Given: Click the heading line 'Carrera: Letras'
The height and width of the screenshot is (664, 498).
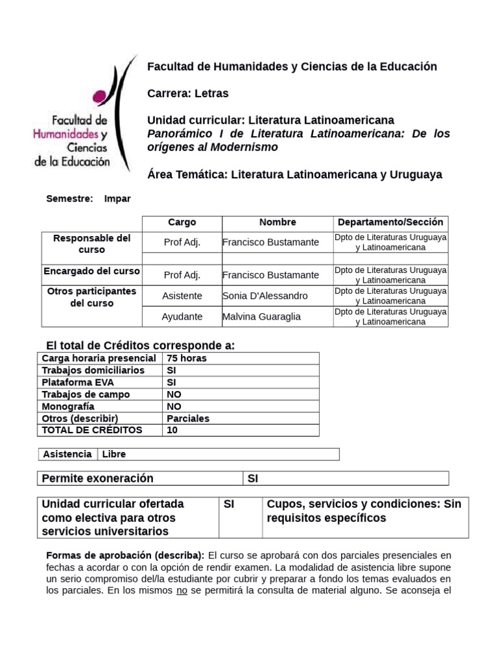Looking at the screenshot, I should (188, 93).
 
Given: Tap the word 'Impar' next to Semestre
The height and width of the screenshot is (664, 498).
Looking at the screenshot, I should (117, 199).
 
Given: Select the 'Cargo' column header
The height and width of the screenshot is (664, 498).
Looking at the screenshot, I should (182, 222).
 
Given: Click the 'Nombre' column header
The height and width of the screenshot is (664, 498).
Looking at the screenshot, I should (278, 222).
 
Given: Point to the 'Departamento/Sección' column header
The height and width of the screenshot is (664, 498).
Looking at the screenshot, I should (390, 222).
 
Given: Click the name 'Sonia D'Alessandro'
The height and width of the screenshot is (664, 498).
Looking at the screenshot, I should (265, 296).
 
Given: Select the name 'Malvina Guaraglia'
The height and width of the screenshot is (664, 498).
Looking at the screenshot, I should (263, 316).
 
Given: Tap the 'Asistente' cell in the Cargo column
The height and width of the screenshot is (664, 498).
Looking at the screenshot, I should (182, 296).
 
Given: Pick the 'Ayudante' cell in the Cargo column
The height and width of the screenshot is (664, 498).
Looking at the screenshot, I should (182, 316).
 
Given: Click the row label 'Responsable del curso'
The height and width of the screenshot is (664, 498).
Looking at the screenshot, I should (91, 244).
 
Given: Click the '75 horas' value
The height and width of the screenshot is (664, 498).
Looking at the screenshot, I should (187, 359).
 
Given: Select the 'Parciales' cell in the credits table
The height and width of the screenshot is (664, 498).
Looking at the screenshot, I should (188, 418).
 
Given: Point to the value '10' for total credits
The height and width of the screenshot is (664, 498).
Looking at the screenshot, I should (172, 430).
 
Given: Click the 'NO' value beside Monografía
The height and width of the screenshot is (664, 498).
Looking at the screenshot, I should (174, 407).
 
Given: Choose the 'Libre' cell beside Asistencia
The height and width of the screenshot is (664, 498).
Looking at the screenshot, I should (113, 455).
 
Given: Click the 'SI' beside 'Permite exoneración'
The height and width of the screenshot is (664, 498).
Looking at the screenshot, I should (253, 479).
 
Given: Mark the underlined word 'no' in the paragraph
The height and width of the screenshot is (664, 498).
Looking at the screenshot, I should (182, 591).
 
